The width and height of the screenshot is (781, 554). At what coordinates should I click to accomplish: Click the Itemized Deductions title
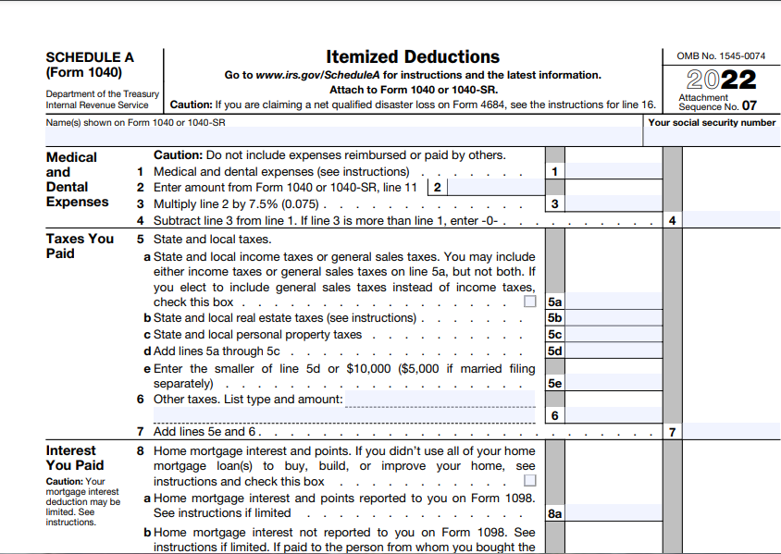(413, 56)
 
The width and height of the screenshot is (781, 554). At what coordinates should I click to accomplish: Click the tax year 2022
(722, 80)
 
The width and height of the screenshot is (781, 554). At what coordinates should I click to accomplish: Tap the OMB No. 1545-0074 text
(722, 56)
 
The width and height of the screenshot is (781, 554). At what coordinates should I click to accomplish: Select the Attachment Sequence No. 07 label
(717, 102)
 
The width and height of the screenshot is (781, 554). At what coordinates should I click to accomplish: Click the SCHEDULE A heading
(90, 57)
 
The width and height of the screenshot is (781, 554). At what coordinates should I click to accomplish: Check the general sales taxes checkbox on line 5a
(529, 302)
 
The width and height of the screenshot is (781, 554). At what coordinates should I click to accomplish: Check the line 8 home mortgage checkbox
(529, 481)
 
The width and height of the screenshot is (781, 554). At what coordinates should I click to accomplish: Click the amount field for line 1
(613, 171)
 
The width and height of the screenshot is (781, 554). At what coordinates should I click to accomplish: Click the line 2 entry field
(495, 188)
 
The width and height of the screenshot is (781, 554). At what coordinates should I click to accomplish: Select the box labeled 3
(554, 203)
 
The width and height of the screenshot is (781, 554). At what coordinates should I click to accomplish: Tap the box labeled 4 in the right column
(672, 220)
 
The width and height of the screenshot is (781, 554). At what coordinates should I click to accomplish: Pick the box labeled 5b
(554, 318)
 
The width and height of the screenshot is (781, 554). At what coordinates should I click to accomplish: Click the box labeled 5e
(554, 383)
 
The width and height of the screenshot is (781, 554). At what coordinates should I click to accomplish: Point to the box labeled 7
(672, 432)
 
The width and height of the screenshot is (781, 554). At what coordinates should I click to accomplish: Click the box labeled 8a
(554, 512)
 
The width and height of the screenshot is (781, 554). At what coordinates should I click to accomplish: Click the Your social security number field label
(712, 122)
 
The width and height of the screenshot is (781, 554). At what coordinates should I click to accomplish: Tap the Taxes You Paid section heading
(80, 246)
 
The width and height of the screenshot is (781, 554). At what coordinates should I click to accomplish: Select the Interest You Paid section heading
(75, 458)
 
